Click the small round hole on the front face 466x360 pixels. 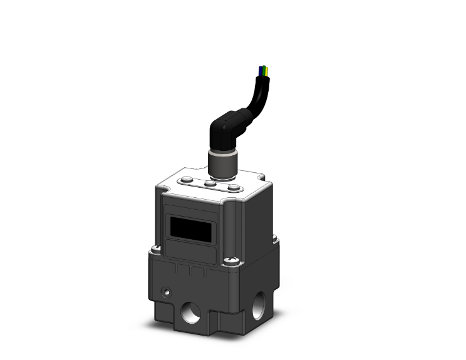(166, 292)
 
